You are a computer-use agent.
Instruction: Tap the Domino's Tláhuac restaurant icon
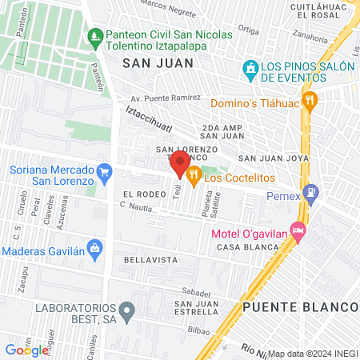coord(311,102)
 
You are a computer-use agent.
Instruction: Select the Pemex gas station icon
coord(311,193)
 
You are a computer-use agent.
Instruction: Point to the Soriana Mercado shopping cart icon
coord(103,170)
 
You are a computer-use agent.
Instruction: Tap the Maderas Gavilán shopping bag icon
coord(95,250)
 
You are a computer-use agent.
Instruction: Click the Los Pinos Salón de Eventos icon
coord(251,71)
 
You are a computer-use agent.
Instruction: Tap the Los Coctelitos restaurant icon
coord(194,175)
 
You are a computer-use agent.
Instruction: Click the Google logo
coord(26,350)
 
